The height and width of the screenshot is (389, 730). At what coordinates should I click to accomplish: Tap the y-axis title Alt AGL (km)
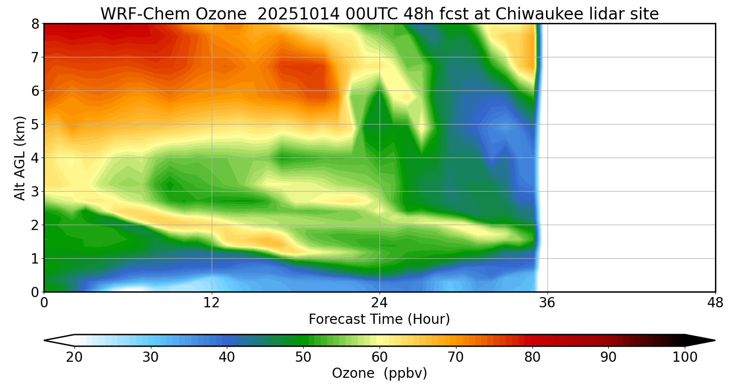pos(20,158)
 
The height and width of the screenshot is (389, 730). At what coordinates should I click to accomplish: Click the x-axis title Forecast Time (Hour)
pos(379,319)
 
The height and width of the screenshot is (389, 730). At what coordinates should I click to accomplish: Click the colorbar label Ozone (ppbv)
pos(379,373)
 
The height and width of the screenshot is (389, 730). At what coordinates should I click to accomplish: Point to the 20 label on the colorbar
pos(74,357)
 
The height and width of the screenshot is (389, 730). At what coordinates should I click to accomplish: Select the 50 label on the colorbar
pos(303,357)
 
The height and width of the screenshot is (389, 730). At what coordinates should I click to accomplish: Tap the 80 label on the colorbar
pos(532,357)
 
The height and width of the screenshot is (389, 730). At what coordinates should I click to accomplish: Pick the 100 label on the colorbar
pos(685,357)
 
